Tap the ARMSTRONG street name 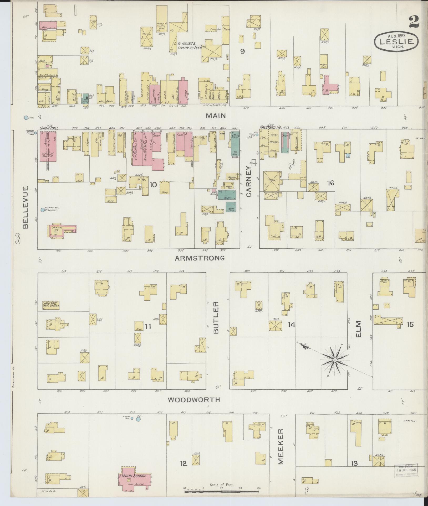pyautogui.click(x=200, y=258)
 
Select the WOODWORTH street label pyautogui.click(x=194, y=407)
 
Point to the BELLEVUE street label pyautogui.click(x=25, y=208)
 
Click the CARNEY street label pyautogui.click(x=249, y=181)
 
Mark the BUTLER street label pyautogui.click(x=216, y=318)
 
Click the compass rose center pyautogui.click(x=335, y=360)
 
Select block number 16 pyautogui.click(x=330, y=183)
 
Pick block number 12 pyautogui.click(x=184, y=464)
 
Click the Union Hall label pyautogui.click(x=49, y=128)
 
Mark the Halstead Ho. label pyautogui.click(x=271, y=127)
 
